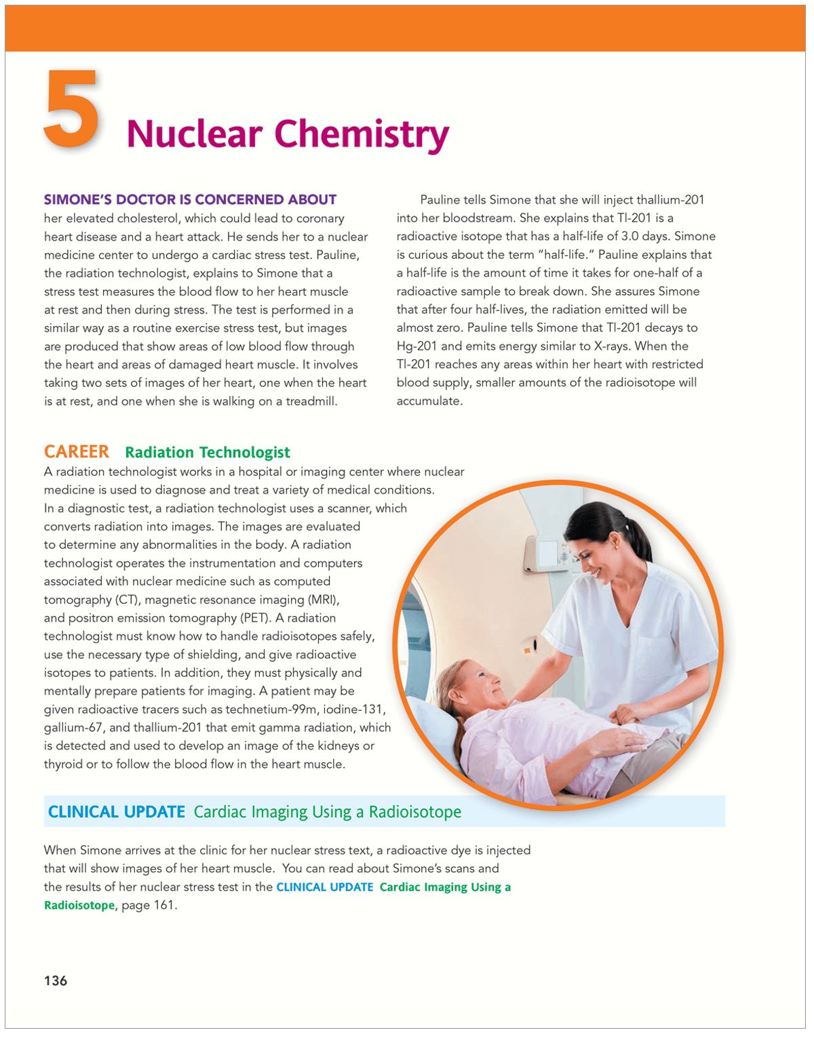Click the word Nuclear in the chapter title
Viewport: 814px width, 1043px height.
point(194,134)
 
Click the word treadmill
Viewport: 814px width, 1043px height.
point(311,401)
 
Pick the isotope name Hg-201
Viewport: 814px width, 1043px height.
point(416,346)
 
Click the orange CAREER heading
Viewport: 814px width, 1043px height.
point(77,452)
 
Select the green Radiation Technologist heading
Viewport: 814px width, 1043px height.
point(208,453)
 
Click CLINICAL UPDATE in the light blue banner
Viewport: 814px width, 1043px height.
point(117,812)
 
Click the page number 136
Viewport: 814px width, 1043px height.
point(56,981)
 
